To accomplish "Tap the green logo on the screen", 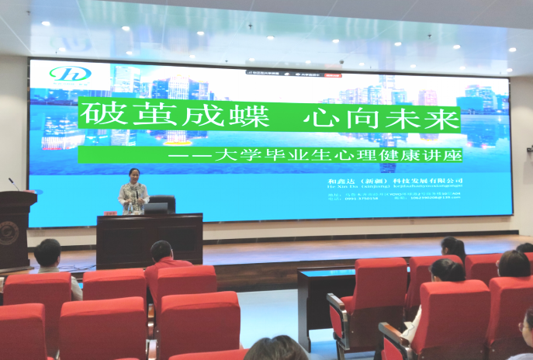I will pyautogui.click(x=71, y=74).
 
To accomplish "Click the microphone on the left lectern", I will pyautogui.click(x=14, y=184).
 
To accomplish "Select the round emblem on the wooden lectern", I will pyautogui.click(x=10, y=233).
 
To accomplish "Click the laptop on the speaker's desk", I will pyautogui.click(x=155, y=208).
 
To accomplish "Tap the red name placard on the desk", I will pyautogui.click(x=110, y=212).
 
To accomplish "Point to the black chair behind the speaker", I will pyautogui.click(x=164, y=201).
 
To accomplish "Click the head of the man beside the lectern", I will pyautogui.click(x=47, y=252).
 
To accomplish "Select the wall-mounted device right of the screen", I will pyautogui.click(x=529, y=147).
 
